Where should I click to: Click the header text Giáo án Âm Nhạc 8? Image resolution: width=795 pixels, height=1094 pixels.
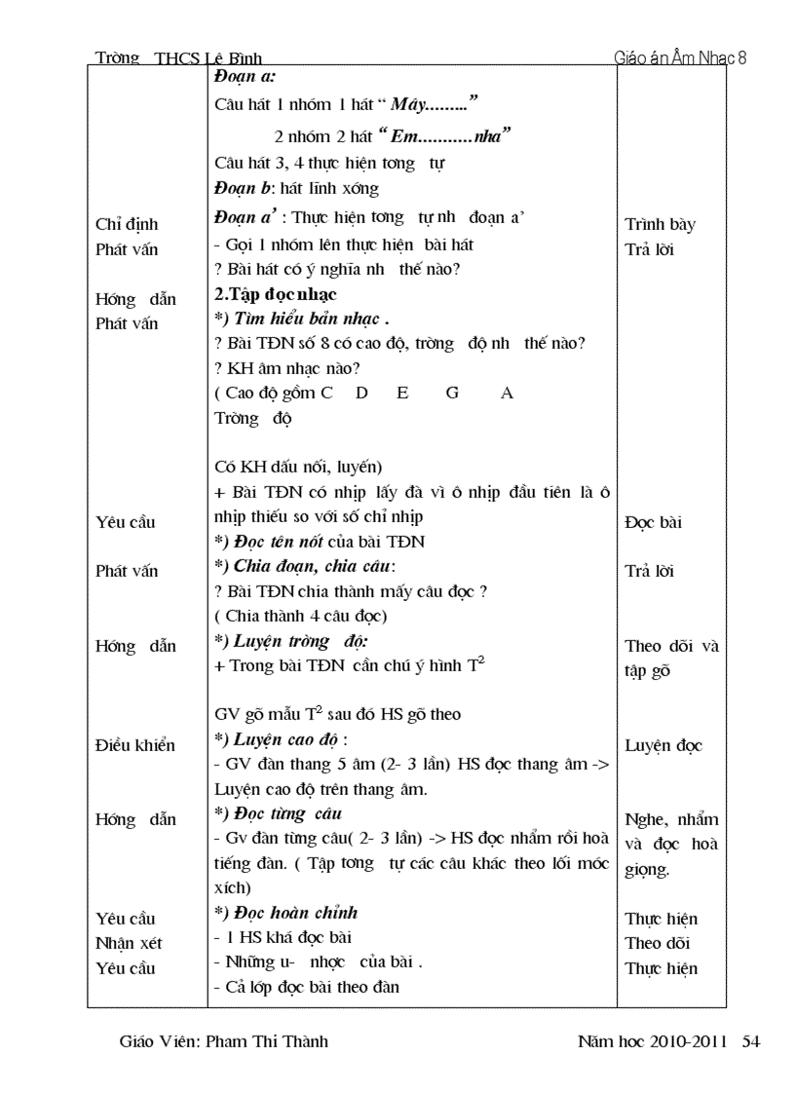point(680,57)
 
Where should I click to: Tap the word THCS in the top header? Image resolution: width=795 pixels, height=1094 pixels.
point(176,58)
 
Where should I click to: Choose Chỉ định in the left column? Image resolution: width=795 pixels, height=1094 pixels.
point(127,225)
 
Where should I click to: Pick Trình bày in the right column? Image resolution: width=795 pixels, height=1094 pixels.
point(660,225)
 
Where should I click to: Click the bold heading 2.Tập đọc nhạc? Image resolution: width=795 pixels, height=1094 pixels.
point(276,292)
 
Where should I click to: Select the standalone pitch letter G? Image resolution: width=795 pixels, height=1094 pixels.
point(452,393)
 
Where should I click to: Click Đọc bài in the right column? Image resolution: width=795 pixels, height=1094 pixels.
point(653,522)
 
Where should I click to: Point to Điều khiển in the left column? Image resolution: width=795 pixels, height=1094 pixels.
point(135,745)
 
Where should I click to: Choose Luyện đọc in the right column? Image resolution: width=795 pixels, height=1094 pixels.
point(662,745)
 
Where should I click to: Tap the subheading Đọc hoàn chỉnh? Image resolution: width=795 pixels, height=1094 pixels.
point(291,912)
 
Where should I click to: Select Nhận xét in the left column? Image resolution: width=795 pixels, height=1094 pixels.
point(129,943)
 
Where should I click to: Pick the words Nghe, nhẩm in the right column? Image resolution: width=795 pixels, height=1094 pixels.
point(671,819)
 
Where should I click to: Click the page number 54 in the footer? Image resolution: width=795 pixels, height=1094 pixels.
point(751,1041)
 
